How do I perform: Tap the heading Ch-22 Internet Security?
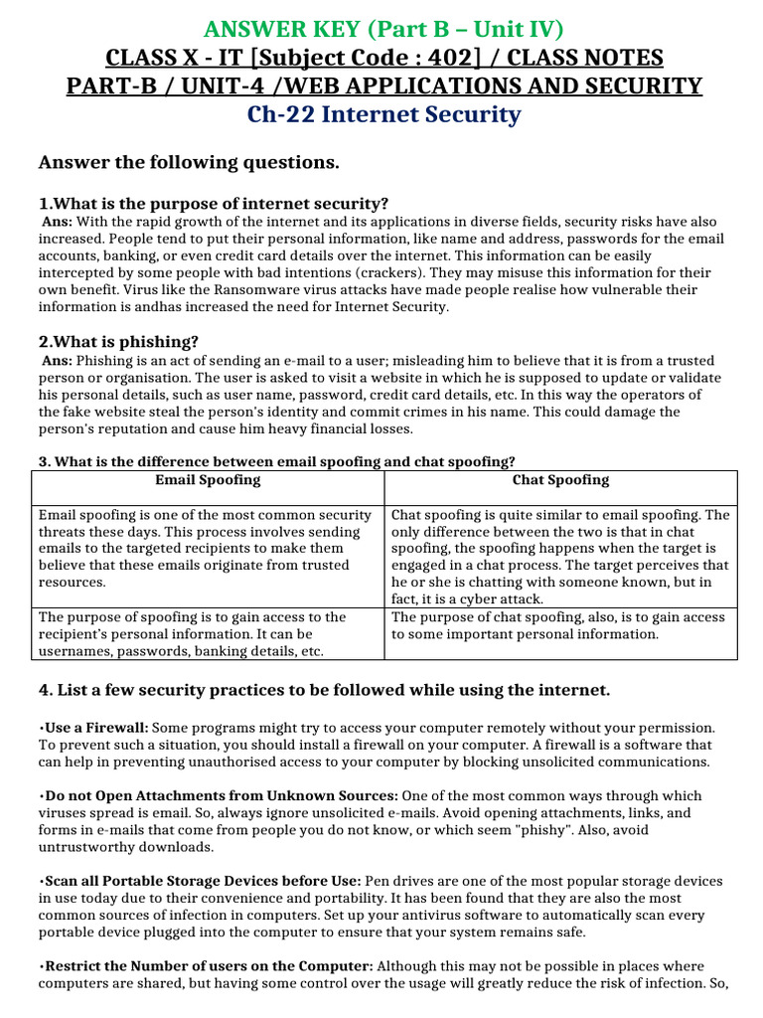coord(384,114)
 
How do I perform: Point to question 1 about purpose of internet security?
coord(213,204)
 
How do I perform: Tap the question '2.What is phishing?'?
coord(118,342)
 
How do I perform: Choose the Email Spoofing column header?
coord(208,480)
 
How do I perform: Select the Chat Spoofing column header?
coord(560,480)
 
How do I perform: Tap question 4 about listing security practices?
coord(324,690)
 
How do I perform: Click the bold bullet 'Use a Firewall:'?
coord(95,728)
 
